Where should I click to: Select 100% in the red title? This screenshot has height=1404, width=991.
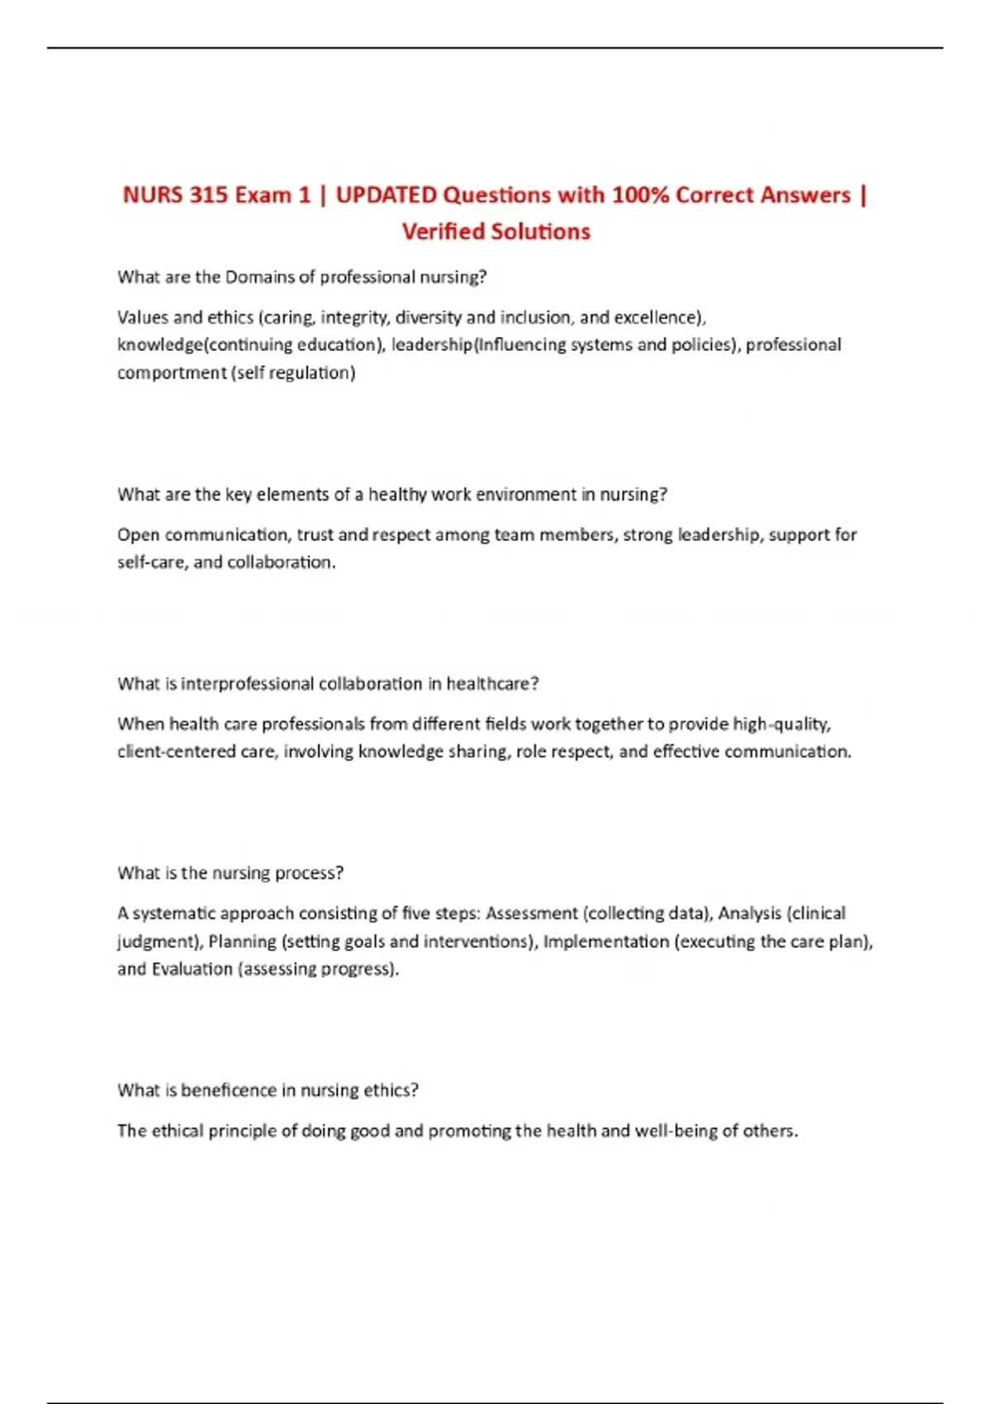coord(639,195)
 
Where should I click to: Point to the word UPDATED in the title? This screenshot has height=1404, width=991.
coord(386,195)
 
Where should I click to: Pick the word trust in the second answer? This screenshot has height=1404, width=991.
coord(315,534)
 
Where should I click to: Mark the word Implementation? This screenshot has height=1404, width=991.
coord(605,941)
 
